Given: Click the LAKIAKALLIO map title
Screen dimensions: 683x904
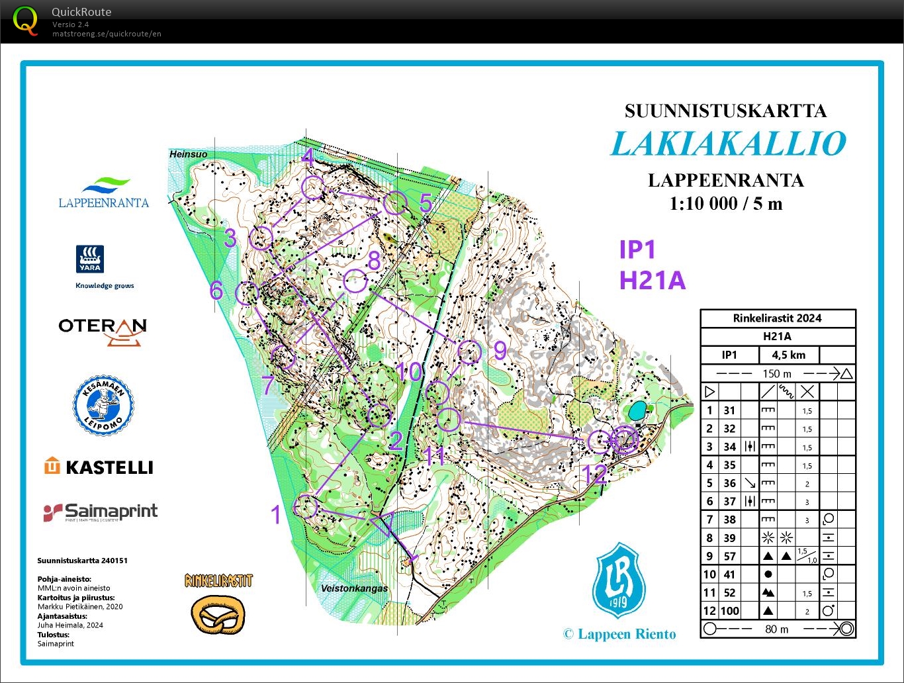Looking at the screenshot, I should (728, 144).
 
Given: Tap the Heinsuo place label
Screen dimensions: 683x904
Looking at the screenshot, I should (188, 154).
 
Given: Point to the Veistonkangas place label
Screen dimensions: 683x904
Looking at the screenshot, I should (354, 588).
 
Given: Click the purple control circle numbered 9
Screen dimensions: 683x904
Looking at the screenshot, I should (469, 352).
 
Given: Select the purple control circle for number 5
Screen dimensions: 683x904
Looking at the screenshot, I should (395, 203).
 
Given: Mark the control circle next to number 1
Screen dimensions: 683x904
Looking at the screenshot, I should (306, 506).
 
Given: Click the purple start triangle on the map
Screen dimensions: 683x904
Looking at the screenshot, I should (383, 524).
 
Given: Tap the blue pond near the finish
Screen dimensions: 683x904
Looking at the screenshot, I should (637, 411).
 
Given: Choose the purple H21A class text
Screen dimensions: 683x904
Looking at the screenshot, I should (652, 281).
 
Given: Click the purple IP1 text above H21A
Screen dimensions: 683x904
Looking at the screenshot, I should (637, 250).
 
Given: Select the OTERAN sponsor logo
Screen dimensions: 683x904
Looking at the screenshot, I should (103, 330).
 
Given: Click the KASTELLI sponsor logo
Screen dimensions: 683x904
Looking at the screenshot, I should (99, 467).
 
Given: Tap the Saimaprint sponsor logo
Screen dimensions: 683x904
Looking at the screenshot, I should (101, 512).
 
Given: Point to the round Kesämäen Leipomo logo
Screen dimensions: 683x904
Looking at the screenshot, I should (103, 405).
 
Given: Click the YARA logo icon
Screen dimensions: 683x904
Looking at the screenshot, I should (90, 259).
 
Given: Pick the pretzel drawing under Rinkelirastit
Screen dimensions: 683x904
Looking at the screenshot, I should (218, 615).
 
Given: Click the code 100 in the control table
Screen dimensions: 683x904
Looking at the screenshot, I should (730, 611).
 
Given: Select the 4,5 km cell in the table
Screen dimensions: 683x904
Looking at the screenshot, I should (788, 355).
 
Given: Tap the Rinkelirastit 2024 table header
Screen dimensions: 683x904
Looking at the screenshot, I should (777, 318).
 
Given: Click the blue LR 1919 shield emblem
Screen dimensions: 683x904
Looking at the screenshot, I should (619, 582).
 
